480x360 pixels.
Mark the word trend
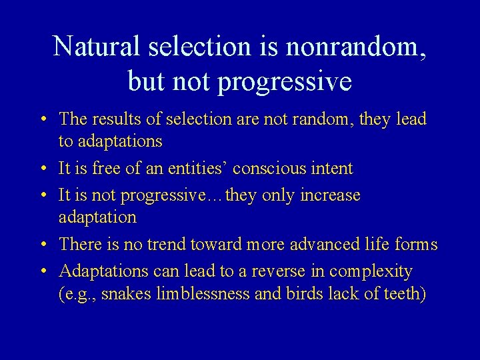pos(168,245)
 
